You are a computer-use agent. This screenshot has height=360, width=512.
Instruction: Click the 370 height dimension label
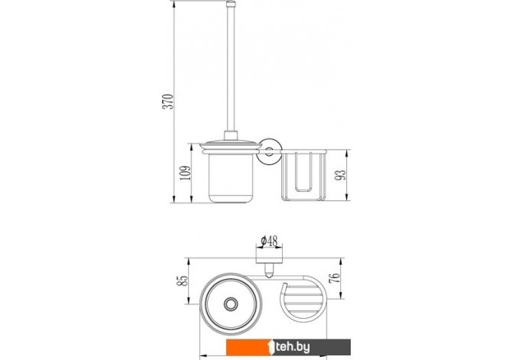(168, 101)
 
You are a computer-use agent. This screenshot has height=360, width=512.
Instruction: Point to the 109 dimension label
(185, 173)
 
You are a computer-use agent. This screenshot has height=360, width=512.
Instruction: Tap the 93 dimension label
(340, 175)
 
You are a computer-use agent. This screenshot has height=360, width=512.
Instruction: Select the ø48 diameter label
(270, 241)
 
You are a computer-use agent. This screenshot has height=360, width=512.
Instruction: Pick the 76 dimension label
(335, 278)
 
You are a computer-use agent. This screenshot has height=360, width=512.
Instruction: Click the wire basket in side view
(303, 176)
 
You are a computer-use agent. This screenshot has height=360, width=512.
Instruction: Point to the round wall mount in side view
(269, 151)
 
